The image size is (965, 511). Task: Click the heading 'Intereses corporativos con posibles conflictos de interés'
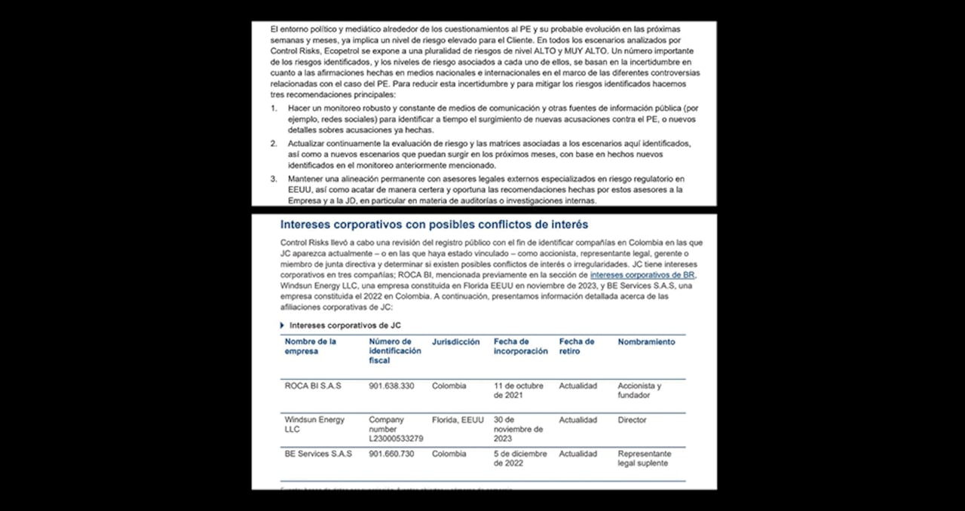[433, 225]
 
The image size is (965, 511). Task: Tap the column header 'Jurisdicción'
[455, 342]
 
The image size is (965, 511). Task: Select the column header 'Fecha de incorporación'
[520, 347]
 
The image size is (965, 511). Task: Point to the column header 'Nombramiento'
[646, 342]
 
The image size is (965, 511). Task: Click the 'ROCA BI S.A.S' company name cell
[312, 386]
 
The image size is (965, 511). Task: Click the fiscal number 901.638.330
[391, 386]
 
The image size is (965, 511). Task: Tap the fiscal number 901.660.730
[391, 454]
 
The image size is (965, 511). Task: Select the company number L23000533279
[396, 438]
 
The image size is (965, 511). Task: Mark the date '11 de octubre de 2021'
[518, 390]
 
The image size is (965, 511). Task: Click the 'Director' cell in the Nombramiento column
[632, 420]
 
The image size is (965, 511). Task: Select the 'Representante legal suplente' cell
[644, 458]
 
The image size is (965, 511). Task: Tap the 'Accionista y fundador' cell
[639, 390]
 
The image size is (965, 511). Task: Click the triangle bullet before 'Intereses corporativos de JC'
[282, 325]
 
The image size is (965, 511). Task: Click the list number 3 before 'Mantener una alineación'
[274, 179]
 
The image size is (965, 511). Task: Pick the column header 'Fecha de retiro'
[576, 347]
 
